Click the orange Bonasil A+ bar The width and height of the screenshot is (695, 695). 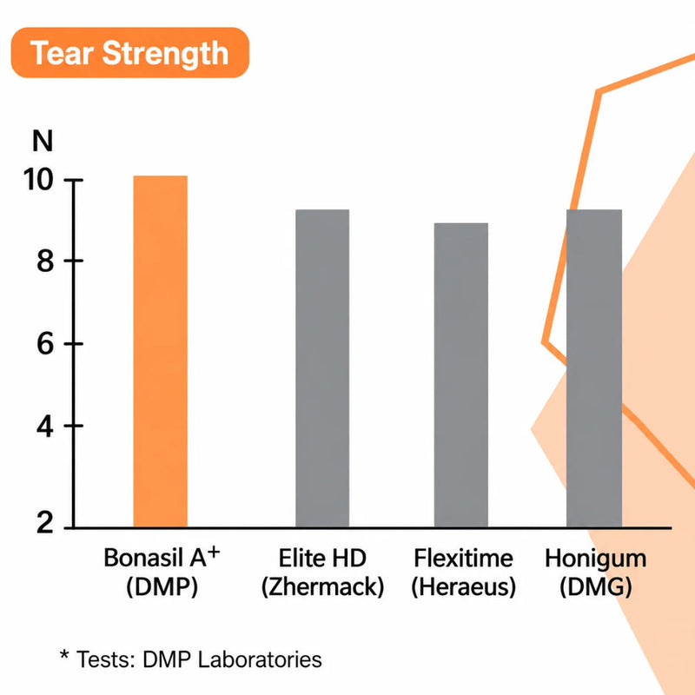(x=161, y=352)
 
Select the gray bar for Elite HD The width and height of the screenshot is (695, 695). (x=322, y=368)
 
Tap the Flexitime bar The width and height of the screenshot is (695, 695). (x=461, y=375)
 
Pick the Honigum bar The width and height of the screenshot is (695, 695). (x=594, y=368)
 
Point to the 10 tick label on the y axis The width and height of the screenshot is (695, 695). (x=38, y=180)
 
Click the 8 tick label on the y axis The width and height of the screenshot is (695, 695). (x=45, y=261)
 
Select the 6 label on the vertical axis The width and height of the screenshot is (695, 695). (x=45, y=344)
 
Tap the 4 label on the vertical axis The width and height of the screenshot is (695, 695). (x=45, y=427)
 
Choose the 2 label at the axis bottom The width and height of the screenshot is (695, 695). (x=45, y=523)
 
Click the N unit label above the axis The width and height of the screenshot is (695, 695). (x=43, y=141)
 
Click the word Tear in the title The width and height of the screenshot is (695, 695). (x=62, y=53)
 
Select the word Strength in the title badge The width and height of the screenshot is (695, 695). (x=165, y=54)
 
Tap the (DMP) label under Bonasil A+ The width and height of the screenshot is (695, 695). (x=162, y=587)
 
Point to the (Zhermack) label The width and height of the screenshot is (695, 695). (x=322, y=587)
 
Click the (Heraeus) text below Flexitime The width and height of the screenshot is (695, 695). (x=464, y=587)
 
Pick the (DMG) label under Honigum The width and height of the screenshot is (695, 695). (x=595, y=587)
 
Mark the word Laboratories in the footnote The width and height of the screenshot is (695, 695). (x=260, y=659)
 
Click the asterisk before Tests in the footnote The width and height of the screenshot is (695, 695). (x=64, y=655)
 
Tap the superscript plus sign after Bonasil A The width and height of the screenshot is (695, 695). (x=214, y=553)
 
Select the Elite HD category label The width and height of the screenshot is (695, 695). (x=322, y=558)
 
